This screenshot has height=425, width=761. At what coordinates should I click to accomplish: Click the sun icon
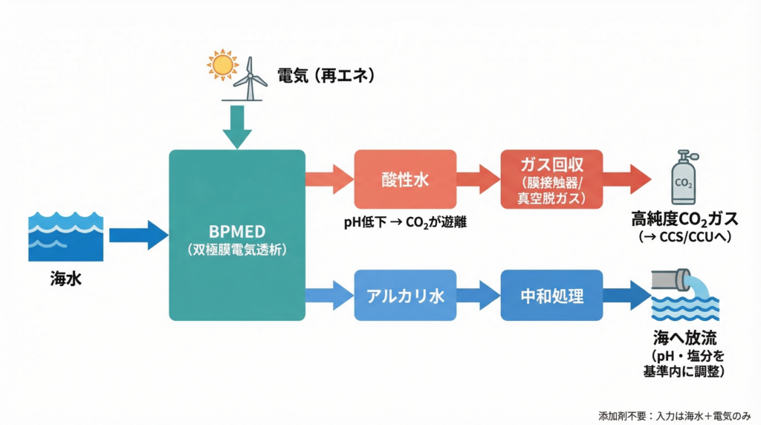[222, 65]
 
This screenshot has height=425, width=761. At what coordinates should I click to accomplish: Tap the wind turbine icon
[253, 77]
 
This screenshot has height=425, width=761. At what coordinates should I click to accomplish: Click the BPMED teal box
[237, 235]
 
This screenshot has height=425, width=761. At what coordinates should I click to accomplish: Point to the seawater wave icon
[65, 236]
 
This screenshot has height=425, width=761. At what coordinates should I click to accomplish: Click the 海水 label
[65, 280]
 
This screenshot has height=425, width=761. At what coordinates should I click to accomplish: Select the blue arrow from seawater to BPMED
[138, 235]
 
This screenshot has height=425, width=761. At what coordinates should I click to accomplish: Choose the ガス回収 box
[551, 180]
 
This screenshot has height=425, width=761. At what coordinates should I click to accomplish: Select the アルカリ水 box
[404, 295]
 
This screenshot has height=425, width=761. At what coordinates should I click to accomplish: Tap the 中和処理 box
[551, 295]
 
